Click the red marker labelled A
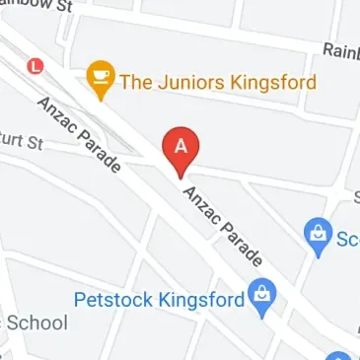(180, 148)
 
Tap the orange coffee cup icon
(101, 79)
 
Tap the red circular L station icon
(37, 67)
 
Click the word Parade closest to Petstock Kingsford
(242, 244)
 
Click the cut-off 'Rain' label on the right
(340, 50)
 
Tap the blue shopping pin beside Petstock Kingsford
(261, 297)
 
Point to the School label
(36, 323)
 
